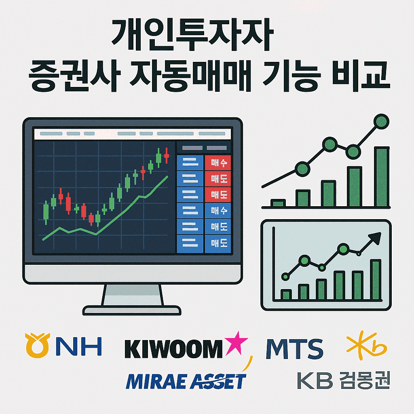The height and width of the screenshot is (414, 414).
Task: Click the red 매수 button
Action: pos(218,163)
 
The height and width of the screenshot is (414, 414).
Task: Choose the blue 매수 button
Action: pos(218,211)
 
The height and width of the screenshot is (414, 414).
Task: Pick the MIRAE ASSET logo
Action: pos(186,381)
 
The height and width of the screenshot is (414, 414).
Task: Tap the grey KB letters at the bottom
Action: pos(315,380)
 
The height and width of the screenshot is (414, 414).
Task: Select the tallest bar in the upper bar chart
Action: pos(381,177)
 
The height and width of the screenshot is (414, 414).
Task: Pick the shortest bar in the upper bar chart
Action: pos(278,203)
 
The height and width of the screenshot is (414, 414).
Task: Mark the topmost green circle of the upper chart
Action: pos(381,121)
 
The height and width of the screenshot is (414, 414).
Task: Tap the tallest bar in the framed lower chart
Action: pos(376,279)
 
